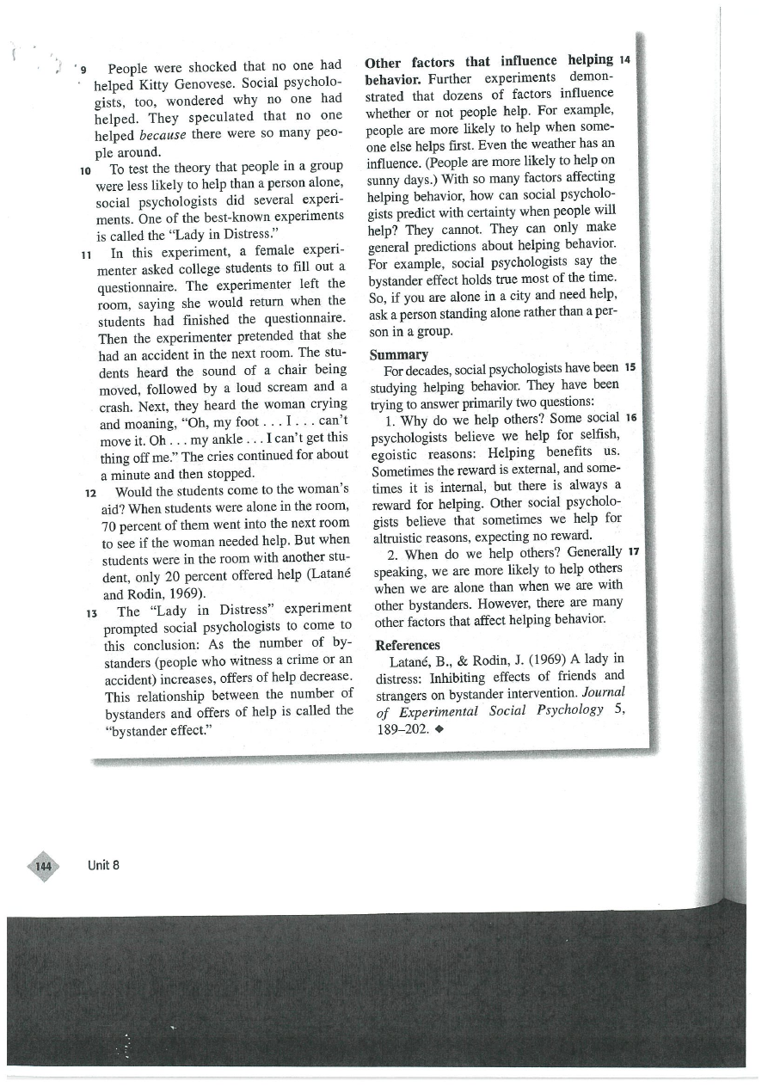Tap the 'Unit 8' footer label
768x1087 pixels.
click(x=103, y=865)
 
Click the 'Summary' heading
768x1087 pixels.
click(x=399, y=354)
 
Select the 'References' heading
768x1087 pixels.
click(x=408, y=645)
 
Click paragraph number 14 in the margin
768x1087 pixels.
click(x=624, y=60)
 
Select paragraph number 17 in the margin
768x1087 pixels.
click(x=635, y=551)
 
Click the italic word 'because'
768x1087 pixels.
click(x=163, y=136)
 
